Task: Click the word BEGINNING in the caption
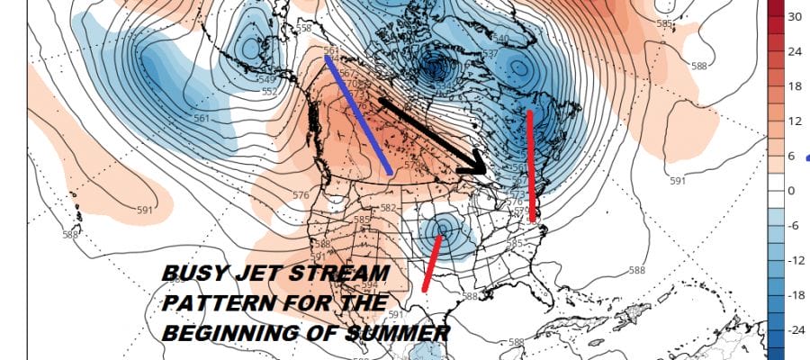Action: coord(226,334)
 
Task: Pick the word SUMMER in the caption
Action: coord(400,334)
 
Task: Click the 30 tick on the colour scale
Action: coord(795,17)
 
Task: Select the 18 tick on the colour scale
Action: coord(795,86)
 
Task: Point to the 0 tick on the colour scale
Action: coord(793,191)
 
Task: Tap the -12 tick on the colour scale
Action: coord(795,260)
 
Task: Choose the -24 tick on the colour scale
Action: coord(795,330)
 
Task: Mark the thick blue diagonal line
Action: coord(358,114)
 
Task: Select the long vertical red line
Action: coord(532,166)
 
